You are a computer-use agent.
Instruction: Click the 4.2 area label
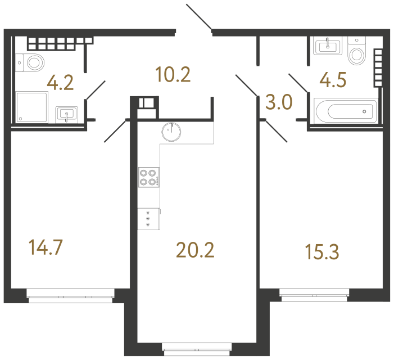pos(60,84)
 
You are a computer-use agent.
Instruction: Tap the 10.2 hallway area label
pos(173,74)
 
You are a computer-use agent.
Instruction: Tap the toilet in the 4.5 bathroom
pos(356,52)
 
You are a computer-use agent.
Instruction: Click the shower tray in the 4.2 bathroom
pos(33,107)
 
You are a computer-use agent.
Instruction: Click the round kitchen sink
pos(171,132)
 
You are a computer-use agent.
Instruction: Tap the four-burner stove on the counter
pos(149,178)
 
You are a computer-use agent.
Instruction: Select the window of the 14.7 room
pos(71,295)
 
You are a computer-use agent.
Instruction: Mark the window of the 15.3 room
pos(314,295)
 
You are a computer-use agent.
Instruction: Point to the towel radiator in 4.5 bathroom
pos(377,67)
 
